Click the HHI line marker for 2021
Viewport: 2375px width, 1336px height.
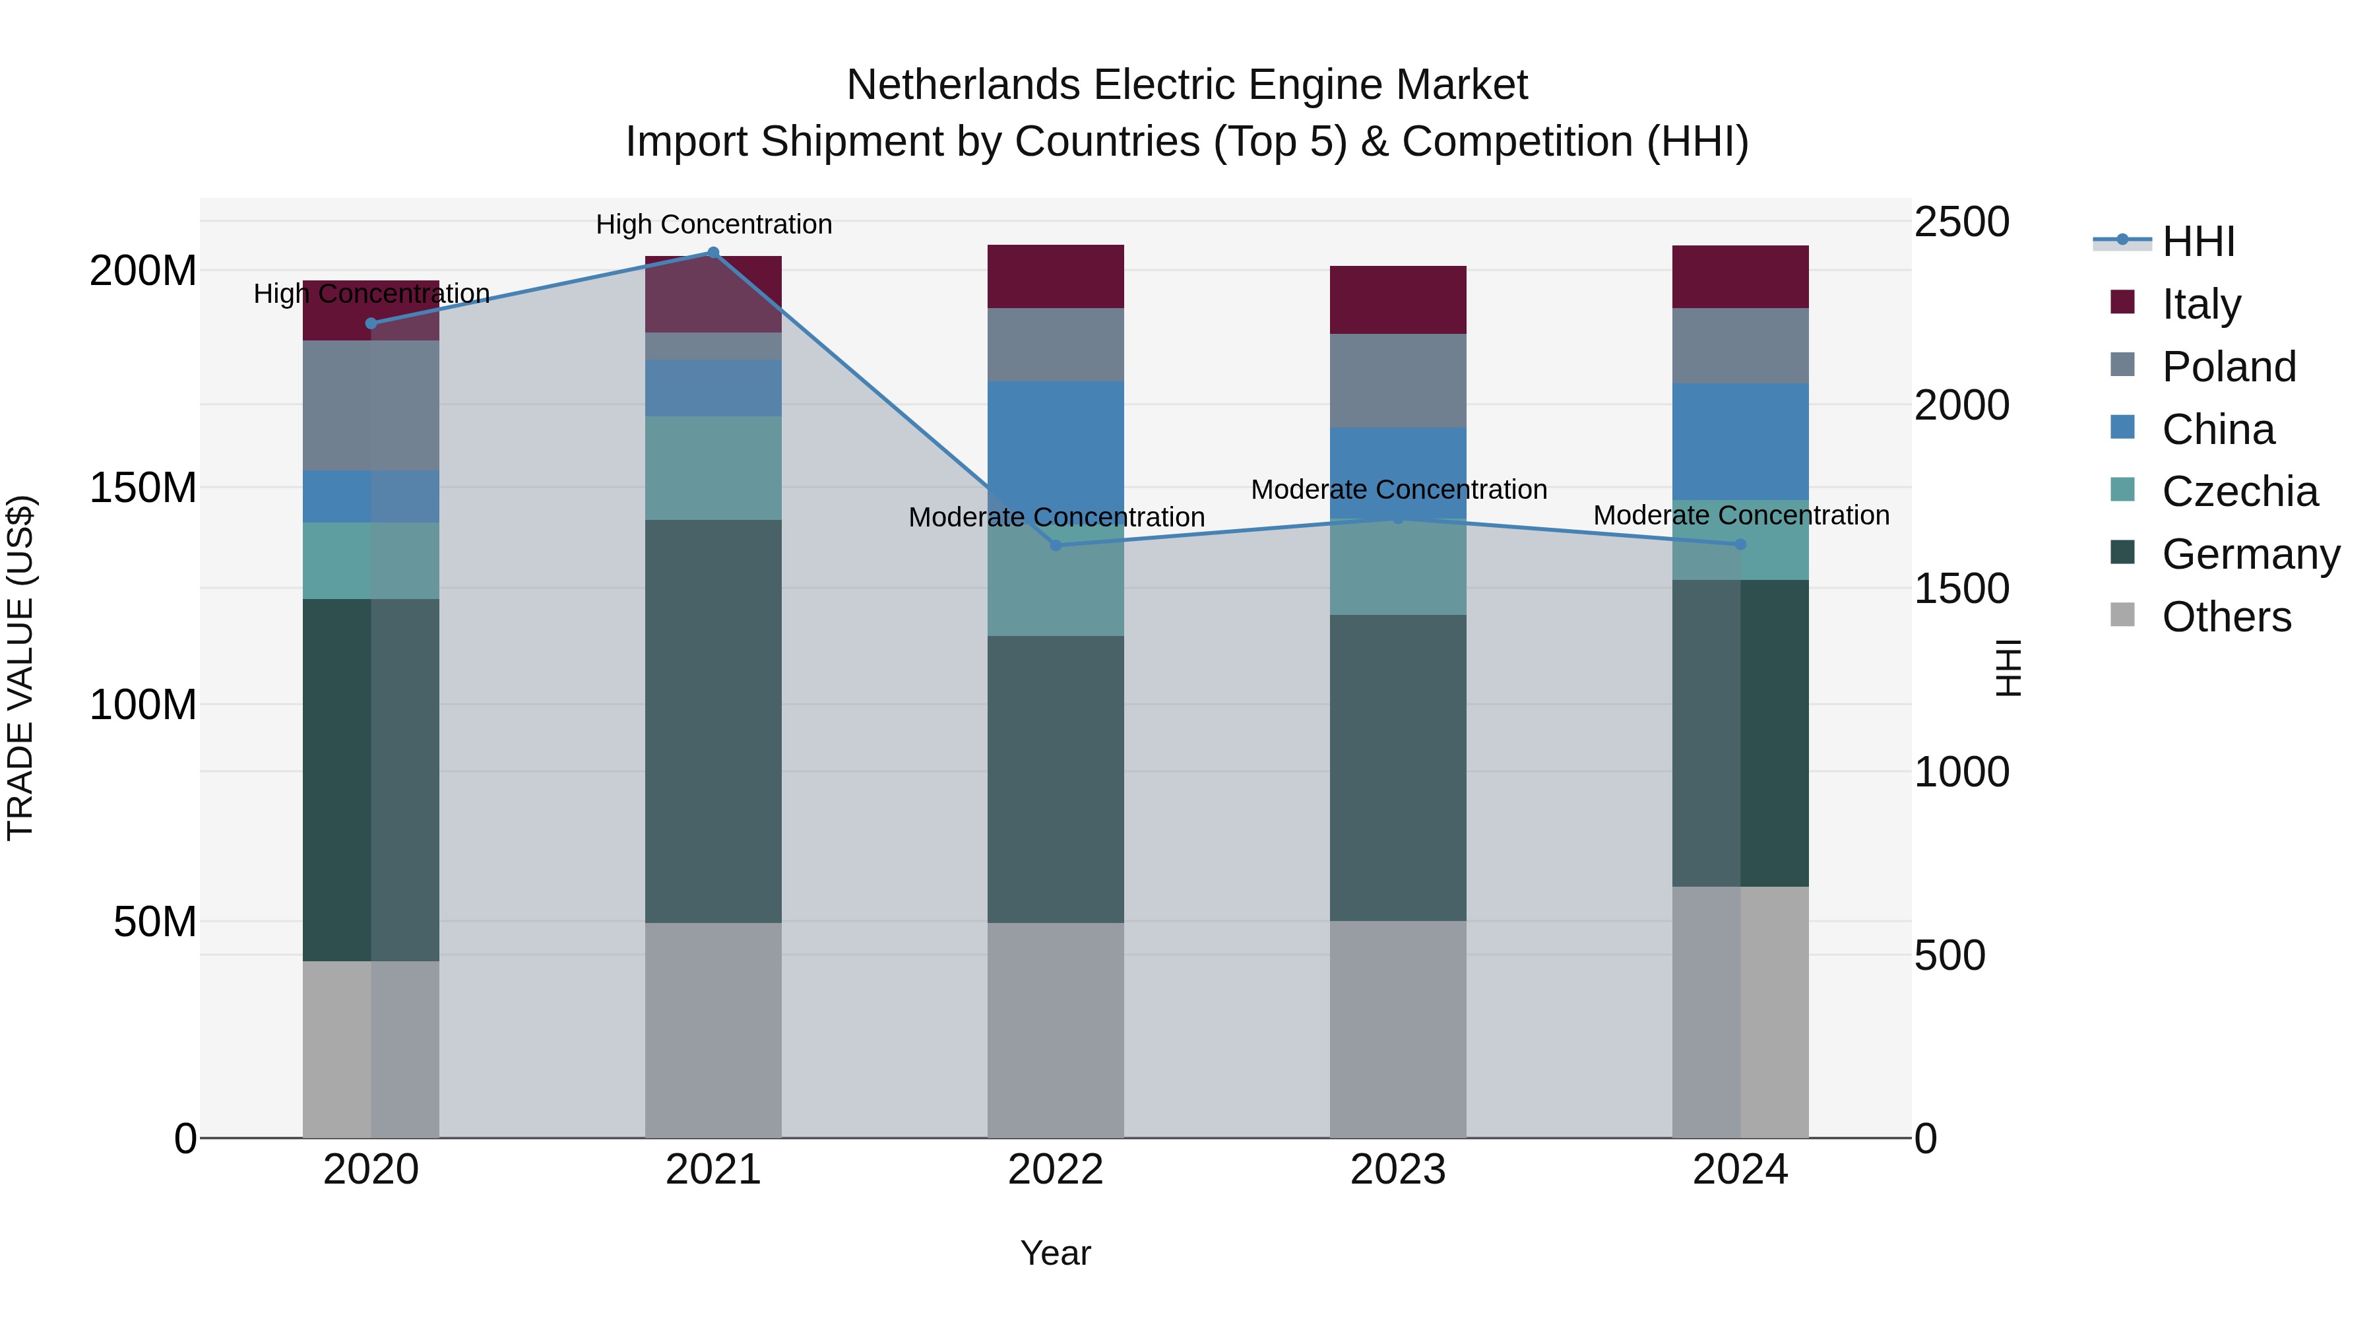712,253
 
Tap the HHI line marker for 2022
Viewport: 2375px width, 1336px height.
1056,545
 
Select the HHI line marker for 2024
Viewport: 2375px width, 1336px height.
1740,544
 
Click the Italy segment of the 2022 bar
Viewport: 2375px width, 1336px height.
1056,276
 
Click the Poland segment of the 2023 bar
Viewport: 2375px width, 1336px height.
1398,380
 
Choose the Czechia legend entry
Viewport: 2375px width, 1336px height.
2238,492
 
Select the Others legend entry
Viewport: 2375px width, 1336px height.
2226,617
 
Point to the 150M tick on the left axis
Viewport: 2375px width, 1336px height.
143,488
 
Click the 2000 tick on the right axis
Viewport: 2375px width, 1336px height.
1961,405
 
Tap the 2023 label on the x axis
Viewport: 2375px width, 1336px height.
1398,1170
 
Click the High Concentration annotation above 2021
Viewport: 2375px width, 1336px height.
714,224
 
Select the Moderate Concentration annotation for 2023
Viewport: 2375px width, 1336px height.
1398,490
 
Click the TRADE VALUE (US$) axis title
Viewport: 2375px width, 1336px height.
20,668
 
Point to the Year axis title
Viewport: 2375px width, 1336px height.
1056,1253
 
